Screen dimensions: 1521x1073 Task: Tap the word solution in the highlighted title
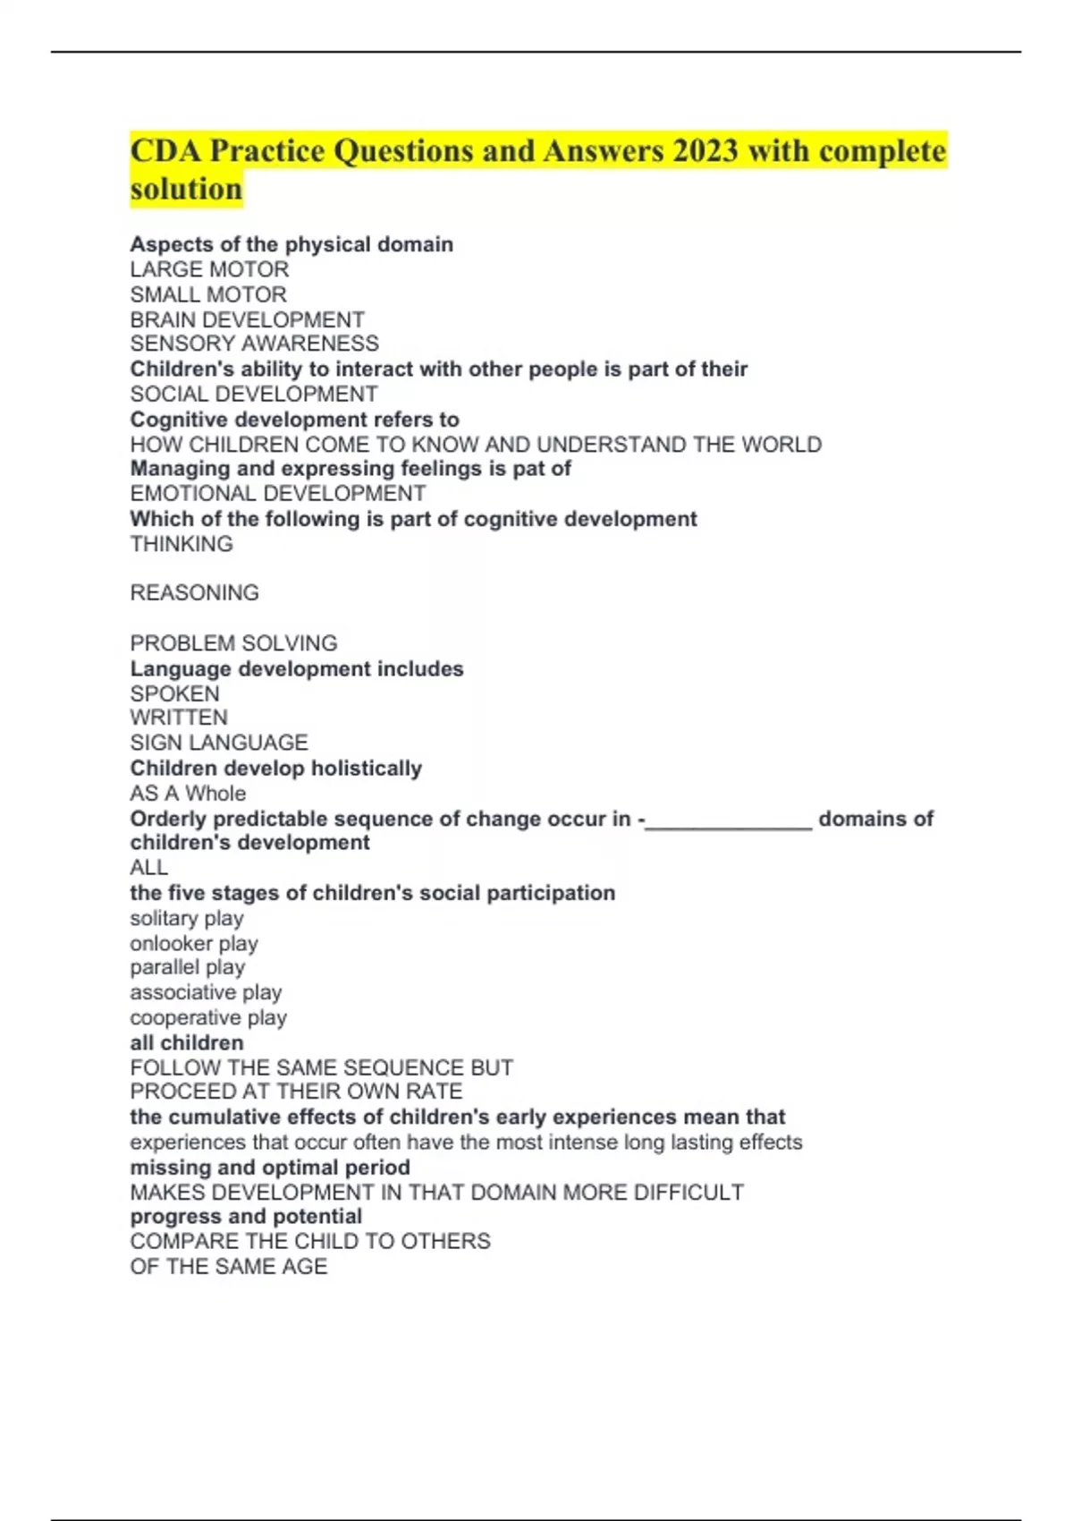point(186,190)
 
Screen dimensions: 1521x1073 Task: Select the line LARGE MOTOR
point(209,269)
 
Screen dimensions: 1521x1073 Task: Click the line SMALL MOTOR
point(208,294)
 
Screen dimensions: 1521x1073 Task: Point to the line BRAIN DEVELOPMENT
point(247,319)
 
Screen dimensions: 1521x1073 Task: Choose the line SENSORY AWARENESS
point(254,344)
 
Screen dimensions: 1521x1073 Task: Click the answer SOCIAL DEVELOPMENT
point(254,394)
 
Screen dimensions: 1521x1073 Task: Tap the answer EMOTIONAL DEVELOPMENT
point(277,493)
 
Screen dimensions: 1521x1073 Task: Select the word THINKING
point(182,544)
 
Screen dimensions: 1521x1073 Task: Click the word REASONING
point(194,593)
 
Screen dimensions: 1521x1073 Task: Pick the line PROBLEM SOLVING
point(233,643)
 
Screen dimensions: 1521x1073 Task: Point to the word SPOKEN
point(174,693)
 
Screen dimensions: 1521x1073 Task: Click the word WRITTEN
point(179,718)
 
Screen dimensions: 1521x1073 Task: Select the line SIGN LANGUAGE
point(219,743)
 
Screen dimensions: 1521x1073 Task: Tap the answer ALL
point(148,867)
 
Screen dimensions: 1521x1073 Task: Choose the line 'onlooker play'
point(194,943)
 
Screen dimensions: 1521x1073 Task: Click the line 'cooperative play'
point(208,1017)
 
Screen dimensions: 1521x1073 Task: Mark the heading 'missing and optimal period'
point(270,1168)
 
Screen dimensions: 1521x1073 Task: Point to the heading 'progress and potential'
point(246,1217)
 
